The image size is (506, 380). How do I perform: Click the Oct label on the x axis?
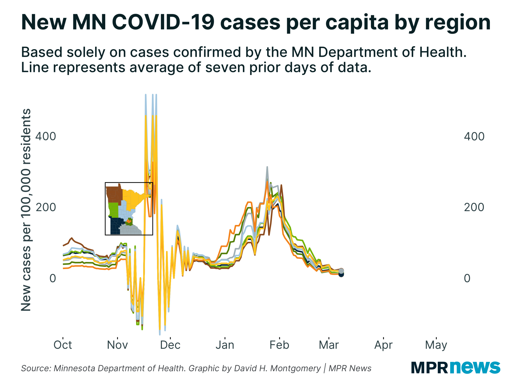tap(63, 345)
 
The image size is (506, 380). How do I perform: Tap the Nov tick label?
tap(117, 345)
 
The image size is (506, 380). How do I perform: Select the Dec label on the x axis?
tap(170, 345)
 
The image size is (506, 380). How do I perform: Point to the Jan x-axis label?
tap(225, 345)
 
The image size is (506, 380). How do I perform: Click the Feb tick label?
tap(279, 345)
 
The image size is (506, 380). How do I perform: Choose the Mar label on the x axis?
tap(329, 345)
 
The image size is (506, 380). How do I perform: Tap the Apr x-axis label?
tap(383, 345)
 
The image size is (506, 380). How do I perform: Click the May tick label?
tap(436, 345)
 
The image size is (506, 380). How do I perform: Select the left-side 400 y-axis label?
tap(46, 137)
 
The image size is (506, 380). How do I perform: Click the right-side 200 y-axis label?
tap(474, 207)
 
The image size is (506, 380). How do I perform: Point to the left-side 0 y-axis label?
tap(53, 278)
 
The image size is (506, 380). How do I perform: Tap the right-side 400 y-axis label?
tap(474, 137)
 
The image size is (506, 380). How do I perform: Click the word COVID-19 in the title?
tap(163, 22)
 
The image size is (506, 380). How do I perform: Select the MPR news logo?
tap(455, 367)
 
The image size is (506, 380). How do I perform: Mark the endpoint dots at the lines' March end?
tap(341, 273)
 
